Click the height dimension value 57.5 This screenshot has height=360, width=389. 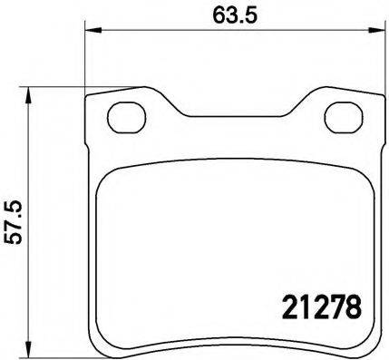[x=13, y=221]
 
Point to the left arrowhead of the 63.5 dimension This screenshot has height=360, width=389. [x=92, y=31]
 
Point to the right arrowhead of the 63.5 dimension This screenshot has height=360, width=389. [x=374, y=31]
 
